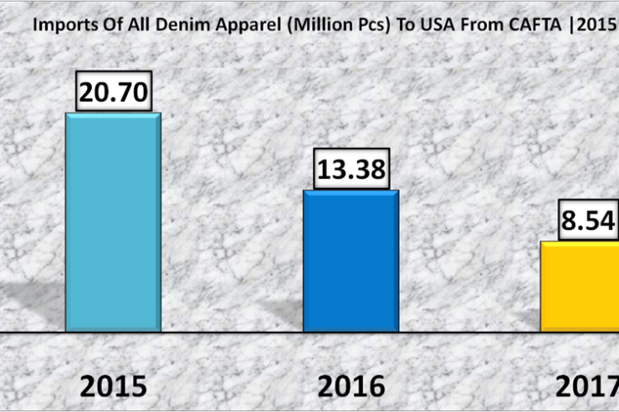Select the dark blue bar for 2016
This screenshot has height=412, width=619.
[350, 262]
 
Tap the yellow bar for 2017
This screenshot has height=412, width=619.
[581, 287]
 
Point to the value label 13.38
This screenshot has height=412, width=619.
[351, 169]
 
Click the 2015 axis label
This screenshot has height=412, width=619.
[113, 386]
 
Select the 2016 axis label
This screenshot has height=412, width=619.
[350, 386]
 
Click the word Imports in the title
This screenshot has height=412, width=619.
[59, 24]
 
